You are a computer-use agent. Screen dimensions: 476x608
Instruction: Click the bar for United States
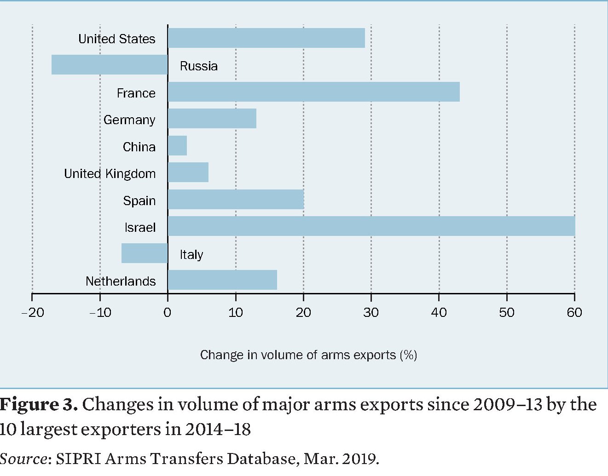point(266,38)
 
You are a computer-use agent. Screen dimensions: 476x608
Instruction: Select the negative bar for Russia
point(110,65)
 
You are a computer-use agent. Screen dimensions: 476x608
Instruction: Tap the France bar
point(313,92)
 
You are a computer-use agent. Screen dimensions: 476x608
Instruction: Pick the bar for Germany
point(212,119)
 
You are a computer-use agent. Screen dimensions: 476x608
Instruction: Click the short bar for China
point(177,146)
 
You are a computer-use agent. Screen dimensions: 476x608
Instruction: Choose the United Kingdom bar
point(188,172)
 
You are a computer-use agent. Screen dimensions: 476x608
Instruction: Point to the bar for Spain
point(236,200)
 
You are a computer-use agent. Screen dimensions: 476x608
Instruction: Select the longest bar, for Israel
point(371,226)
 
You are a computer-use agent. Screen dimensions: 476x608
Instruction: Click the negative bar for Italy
point(145,253)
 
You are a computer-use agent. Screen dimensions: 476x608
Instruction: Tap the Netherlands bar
point(222,280)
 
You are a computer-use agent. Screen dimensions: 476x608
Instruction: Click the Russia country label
point(198,66)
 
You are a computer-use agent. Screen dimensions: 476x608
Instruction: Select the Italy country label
point(191,255)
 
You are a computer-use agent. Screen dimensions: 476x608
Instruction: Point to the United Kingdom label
point(110,174)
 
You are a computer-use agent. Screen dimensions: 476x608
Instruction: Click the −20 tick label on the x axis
point(32,313)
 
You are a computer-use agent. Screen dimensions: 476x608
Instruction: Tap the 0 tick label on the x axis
point(168,313)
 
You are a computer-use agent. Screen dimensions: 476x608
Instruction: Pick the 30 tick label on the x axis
point(371,313)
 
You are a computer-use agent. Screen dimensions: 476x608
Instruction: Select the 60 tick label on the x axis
point(574,313)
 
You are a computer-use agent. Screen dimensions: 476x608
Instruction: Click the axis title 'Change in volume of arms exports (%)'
point(308,355)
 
